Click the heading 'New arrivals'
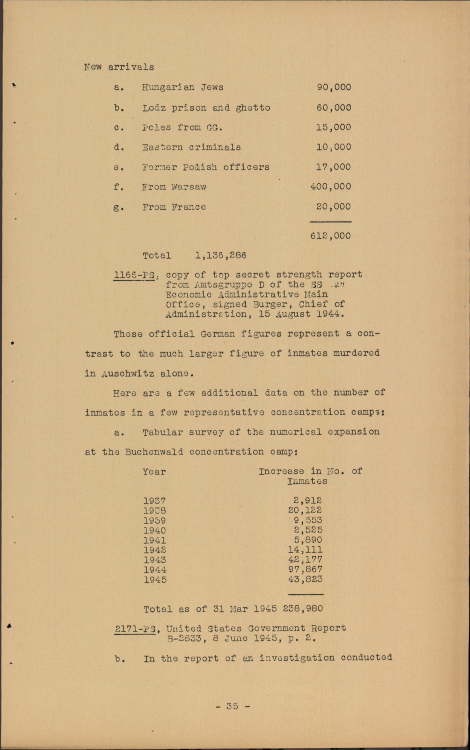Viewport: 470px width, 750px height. tap(119, 67)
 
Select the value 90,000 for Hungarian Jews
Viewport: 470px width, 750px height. tap(334, 87)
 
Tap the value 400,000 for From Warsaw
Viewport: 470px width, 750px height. tap(330, 186)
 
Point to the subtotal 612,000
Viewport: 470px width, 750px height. tap(330, 235)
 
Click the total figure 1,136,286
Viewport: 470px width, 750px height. tap(221, 255)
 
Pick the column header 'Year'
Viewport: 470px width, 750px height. tap(154, 471)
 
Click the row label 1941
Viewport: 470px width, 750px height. tap(155, 540)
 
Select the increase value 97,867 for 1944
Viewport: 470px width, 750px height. tap(305, 569)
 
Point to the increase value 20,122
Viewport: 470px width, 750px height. tap(305, 510)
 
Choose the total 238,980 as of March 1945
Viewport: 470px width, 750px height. tap(303, 608)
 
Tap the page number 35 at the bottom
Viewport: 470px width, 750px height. tap(232, 706)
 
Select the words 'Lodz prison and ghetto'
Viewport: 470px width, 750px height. tap(206, 107)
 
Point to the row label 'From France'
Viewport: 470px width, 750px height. tap(174, 206)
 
